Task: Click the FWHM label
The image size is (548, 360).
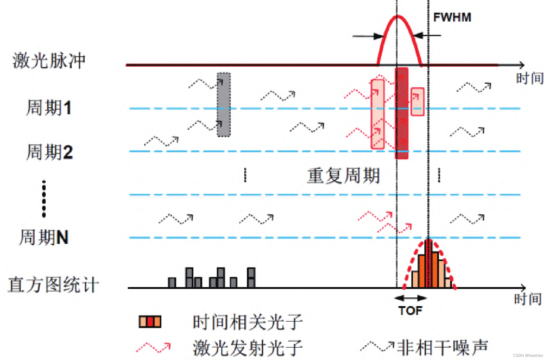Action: tap(452, 17)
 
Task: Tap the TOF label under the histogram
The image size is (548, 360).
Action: tap(410, 311)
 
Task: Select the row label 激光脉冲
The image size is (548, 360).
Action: tap(49, 61)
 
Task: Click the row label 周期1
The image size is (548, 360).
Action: tap(49, 108)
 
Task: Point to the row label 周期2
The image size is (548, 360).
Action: tap(50, 152)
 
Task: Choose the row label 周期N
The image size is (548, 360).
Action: tap(44, 237)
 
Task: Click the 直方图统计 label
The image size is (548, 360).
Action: tap(53, 285)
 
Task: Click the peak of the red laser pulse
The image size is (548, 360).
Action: tap(398, 16)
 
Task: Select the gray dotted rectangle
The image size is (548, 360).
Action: tap(224, 105)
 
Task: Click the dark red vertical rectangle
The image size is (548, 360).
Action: tap(402, 113)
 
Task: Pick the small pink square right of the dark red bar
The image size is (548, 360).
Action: tap(417, 101)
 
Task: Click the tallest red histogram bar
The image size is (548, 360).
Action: tap(429, 263)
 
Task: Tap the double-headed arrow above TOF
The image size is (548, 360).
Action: tap(411, 298)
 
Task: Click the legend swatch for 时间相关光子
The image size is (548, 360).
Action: tap(150, 322)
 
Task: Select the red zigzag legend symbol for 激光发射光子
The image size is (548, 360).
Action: tap(153, 348)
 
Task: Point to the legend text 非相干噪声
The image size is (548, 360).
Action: tap(442, 348)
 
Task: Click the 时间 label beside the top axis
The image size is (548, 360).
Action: tap(530, 78)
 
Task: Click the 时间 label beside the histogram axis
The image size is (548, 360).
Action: tap(528, 299)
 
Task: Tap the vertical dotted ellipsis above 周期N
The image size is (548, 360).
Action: tap(44, 199)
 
